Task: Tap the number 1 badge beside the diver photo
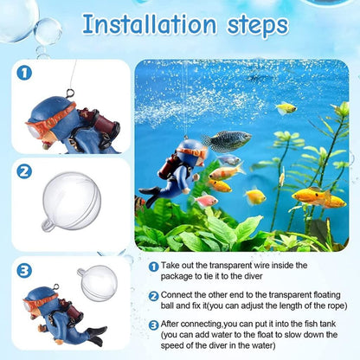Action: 24,75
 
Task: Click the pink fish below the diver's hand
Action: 207,201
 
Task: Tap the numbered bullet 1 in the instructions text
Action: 153,268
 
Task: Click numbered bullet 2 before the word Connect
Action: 153,295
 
